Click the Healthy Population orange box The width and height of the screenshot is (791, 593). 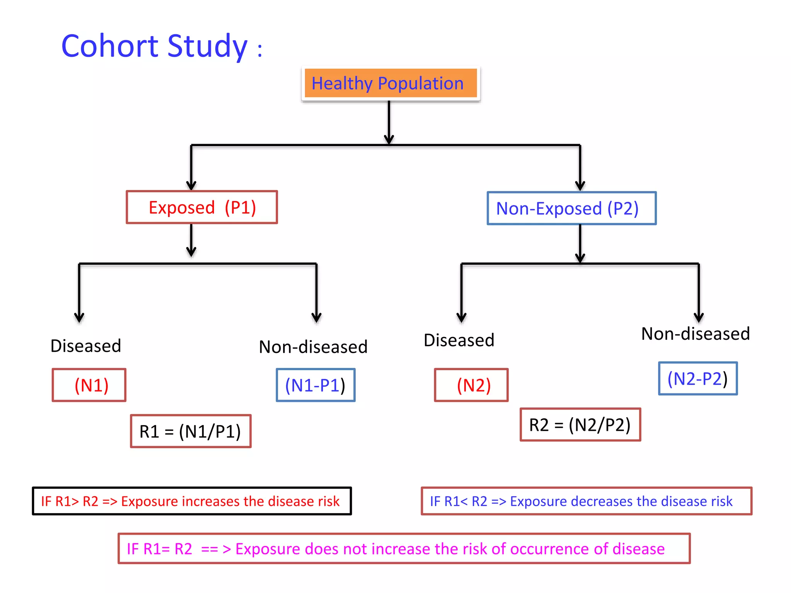pyautogui.click(x=390, y=83)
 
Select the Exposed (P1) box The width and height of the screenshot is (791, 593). pyautogui.click(x=202, y=207)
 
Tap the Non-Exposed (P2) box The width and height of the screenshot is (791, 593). pyautogui.click(x=571, y=208)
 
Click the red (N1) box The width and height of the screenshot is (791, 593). pyautogui.click(x=89, y=385)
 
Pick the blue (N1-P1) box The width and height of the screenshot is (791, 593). pyautogui.click(x=316, y=385)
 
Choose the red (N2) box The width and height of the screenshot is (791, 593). pyautogui.click(x=471, y=385)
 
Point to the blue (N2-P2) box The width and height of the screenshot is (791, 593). pyautogui.click(x=698, y=379)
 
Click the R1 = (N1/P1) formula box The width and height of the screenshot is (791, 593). pyautogui.click(x=191, y=431)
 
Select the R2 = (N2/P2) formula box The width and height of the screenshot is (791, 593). pyautogui.click(x=580, y=425)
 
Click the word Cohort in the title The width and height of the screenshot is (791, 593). pyautogui.click(x=110, y=46)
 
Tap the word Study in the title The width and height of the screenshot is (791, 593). pyautogui.click(x=207, y=46)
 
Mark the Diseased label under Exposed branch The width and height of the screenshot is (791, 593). pyautogui.click(x=86, y=346)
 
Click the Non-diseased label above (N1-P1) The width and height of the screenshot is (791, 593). pyautogui.click(x=313, y=347)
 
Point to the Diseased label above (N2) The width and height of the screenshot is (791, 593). pyautogui.click(x=459, y=341)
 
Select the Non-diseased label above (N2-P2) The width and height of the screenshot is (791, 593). pyautogui.click(x=695, y=334)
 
